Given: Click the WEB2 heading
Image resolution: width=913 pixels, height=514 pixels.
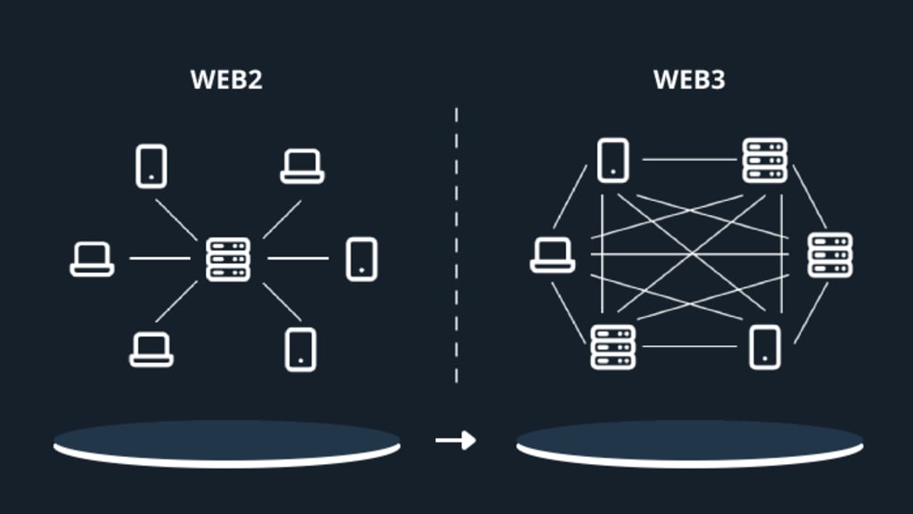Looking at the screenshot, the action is point(226,79).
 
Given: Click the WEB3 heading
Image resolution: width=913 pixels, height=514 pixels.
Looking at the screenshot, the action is point(689,79).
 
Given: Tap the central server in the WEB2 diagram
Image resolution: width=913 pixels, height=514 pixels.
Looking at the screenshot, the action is point(228,259).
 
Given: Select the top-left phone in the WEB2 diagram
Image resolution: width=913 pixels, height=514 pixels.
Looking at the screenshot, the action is point(152,166).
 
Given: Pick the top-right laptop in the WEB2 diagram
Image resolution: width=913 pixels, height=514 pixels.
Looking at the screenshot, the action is point(302,167).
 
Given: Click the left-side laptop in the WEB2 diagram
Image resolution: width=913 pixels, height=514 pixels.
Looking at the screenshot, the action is point(92,259).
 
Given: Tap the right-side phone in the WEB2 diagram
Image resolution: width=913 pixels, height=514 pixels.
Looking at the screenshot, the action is point(362,259).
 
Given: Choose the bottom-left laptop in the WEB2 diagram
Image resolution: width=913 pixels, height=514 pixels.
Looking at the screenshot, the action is point(152,349).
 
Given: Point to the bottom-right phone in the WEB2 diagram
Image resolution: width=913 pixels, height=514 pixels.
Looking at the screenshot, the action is point(300,350).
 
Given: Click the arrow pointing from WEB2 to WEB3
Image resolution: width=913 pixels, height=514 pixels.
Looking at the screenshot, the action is point(456,440).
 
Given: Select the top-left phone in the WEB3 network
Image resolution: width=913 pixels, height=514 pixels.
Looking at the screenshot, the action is point(613,161).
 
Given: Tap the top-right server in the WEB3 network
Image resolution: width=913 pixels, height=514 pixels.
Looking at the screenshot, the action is point(765,161).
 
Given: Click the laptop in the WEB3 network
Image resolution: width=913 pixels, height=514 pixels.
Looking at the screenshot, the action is point(553,255).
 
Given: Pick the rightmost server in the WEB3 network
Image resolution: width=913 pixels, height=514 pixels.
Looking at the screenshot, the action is point(830,254).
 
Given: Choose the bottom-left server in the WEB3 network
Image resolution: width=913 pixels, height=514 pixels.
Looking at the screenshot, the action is point(613,347).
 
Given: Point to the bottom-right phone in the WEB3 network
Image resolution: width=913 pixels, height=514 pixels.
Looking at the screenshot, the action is point(765,347).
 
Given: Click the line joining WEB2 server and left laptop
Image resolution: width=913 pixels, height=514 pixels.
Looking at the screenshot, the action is point(160,258).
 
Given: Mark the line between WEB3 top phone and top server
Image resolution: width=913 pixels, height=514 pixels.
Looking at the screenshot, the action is point(689,159).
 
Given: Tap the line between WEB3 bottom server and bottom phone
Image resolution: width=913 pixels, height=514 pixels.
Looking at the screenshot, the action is point(689,347).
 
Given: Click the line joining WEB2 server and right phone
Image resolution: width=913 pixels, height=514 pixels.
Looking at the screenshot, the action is point(298,258).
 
